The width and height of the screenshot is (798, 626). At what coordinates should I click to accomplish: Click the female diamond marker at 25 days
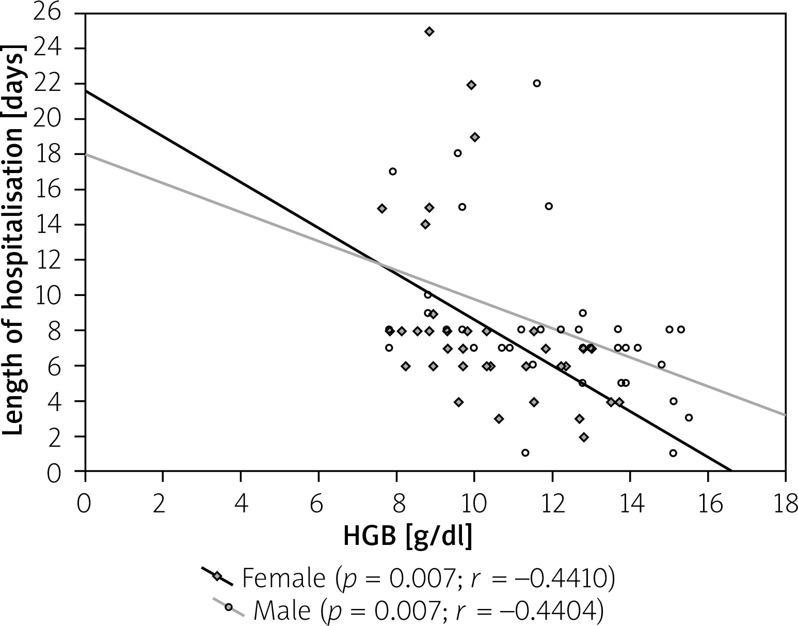[x=429, y=32]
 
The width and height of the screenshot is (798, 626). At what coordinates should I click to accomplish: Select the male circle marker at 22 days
[x=537, y=83]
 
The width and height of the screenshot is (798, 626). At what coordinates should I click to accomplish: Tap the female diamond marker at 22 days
[x=471, y=85]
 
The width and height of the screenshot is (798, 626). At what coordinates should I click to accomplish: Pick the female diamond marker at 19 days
[x=475, y=137]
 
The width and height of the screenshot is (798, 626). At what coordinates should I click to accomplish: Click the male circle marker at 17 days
[x=393, y=171]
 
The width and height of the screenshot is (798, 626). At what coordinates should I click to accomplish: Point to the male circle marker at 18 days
[x=457, y=153]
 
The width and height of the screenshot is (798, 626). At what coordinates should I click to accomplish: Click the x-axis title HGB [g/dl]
[x=408, y=537]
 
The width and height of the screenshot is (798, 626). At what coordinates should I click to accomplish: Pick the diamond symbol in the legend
[x=217, y=576]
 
